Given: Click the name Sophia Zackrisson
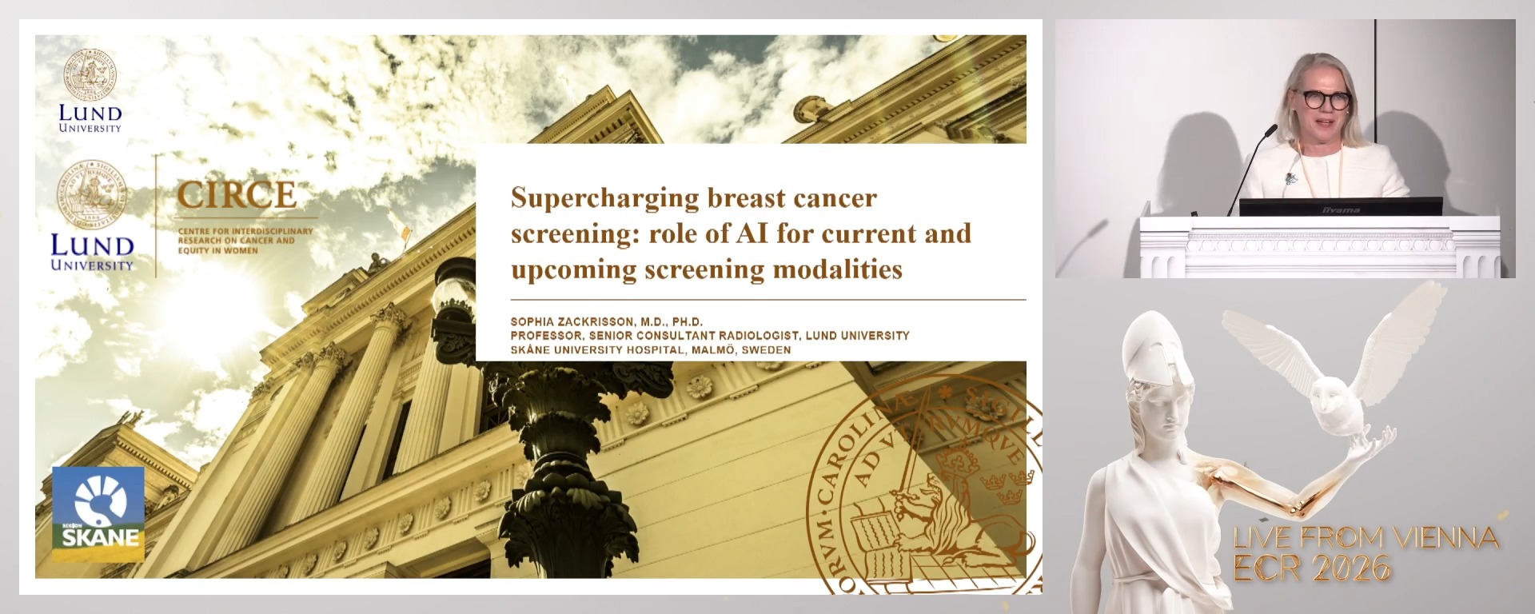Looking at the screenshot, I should pos(571,321).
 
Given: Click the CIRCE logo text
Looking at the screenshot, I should pos(237,194).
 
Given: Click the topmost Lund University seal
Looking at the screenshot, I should pos(90,74).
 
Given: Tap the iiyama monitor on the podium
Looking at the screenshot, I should pos(1340,206).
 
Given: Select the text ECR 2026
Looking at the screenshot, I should pos(1311,568).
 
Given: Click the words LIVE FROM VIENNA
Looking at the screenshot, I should pos(1365,538).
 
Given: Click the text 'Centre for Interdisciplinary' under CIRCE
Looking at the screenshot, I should pos(245,231).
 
